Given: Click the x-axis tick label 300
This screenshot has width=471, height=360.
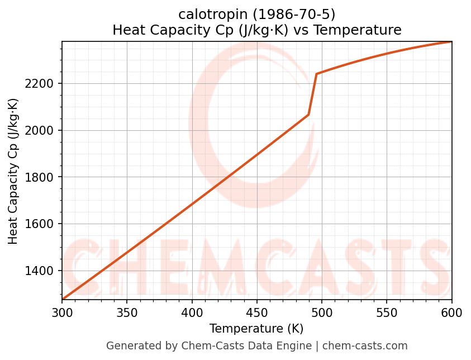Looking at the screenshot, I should tap(62, 312).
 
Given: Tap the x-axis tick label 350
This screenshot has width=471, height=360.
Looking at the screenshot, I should tap(127, 312).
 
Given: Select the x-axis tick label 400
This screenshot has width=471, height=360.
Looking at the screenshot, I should tap(192, 312).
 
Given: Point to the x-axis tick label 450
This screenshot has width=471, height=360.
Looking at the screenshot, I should tap(257, 312).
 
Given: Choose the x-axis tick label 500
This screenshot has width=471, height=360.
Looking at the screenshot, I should tap(322, 312).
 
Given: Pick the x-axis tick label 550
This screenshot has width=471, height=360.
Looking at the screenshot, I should tap(387, 312).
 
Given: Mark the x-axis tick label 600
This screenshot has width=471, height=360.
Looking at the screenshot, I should tap(451, 312).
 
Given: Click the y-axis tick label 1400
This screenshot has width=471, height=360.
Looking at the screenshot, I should tap(41, 271).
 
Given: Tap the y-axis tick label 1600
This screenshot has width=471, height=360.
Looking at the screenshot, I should tap(41, 224).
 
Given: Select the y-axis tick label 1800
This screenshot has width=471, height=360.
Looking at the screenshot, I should tap(41, 177).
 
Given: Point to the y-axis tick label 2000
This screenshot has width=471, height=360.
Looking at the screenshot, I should tap(41, 130).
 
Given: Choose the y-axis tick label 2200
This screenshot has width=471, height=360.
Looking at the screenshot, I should tap(41, 84).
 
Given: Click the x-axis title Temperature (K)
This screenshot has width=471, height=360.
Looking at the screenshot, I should tap(256, 329).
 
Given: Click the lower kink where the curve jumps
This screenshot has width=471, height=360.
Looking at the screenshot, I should tap(308, 115).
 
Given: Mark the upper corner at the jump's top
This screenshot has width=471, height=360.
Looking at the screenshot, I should tap(317, 74).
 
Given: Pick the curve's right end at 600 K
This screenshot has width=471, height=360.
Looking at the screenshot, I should tap(451, 42).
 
